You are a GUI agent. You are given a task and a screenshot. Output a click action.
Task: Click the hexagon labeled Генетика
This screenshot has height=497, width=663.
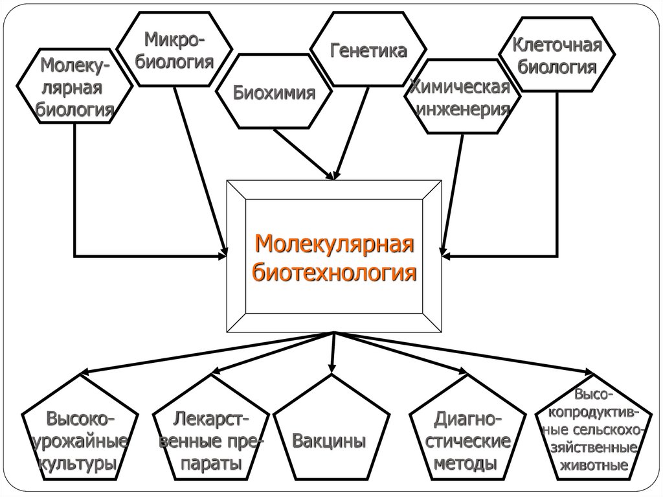tap(368, 51)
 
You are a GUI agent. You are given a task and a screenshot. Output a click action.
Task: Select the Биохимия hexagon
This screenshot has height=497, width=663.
tap(274, 91)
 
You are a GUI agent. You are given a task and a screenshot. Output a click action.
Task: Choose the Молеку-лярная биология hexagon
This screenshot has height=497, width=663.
tap(74, 87)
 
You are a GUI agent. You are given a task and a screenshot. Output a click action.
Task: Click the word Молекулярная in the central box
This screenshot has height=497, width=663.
tap(334, 246)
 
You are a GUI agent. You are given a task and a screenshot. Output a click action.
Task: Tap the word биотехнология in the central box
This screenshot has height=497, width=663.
tap(334, 273)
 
